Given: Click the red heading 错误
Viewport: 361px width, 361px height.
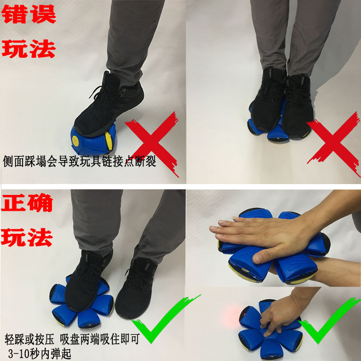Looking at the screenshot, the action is tap(28, 14).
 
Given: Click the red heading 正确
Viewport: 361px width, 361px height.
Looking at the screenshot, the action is tap(27, 203).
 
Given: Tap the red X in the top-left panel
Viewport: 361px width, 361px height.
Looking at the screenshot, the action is tap(152, 144).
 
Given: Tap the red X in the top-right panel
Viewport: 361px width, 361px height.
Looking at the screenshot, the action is tap(334, 144).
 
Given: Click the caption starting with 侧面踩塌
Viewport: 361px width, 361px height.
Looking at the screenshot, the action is tap(80, 161).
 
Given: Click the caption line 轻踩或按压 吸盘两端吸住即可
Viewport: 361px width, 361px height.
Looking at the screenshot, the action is tap(72, 339).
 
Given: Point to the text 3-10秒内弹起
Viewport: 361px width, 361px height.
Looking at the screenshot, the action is tap(40, 354).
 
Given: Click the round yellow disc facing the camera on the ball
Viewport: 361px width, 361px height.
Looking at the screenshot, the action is tap(75, 139).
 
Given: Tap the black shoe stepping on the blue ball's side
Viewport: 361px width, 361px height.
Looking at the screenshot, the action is tap(109, 104).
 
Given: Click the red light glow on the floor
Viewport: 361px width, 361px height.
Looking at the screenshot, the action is tap(231, 317).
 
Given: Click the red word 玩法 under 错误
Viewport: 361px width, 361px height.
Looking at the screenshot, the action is tap(28, 49).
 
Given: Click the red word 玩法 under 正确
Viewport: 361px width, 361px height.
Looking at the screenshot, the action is tap(27, 238).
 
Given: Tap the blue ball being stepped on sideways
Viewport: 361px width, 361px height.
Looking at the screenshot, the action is tap(93, 140).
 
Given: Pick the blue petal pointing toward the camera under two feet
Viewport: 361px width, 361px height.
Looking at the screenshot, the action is tap(278, 134).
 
